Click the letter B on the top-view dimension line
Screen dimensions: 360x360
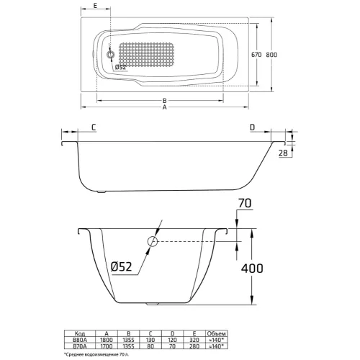coord(165,99)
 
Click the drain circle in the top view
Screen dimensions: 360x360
coord(110,55)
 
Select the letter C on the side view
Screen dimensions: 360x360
coord(94,127)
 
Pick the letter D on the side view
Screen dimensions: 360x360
coord(252,127)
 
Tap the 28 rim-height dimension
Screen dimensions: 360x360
coord(282,153)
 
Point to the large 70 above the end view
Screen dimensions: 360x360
coord(246,204)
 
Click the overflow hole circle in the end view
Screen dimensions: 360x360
coord(152,242)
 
